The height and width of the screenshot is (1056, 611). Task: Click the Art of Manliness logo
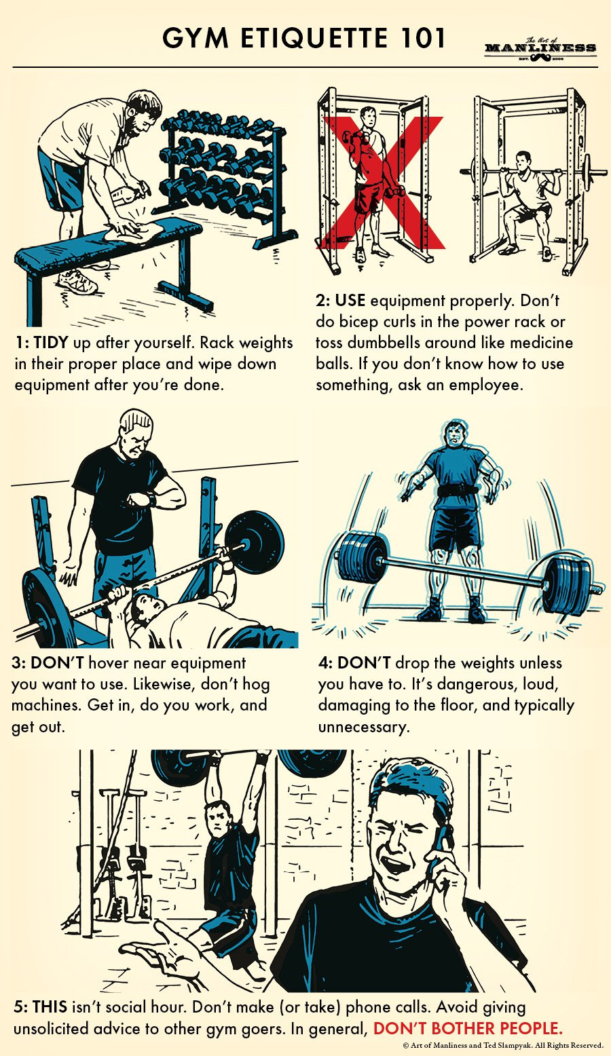coord(540,48)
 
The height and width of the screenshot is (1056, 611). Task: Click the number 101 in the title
coord(419,38)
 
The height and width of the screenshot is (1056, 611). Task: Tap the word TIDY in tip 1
coord(51,343)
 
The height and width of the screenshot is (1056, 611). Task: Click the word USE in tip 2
coord(350,301)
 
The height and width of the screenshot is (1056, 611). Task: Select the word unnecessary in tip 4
coord(363,727)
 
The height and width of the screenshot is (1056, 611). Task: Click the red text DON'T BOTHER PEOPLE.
coord(468,1028)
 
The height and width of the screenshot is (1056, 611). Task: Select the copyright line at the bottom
coord(503,1046)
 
